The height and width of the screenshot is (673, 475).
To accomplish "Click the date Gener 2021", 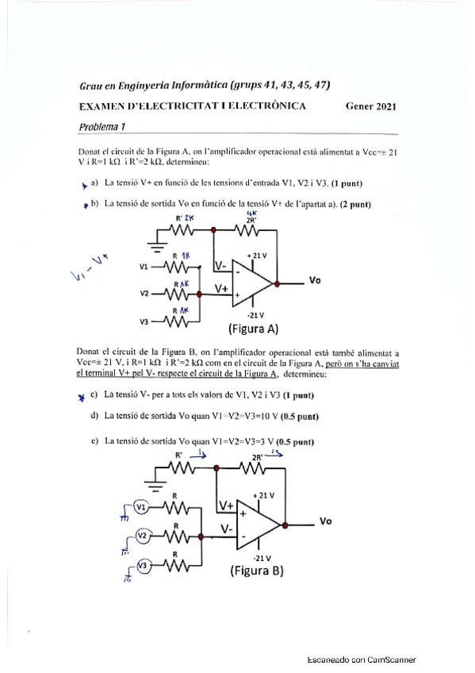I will point(371,106).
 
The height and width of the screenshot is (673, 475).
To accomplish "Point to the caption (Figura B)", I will point(256,571).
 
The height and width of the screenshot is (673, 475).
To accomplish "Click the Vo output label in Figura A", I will point(315,280).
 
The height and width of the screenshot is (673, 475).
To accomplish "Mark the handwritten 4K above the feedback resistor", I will point(251,213).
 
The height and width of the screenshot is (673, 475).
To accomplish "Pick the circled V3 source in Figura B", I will point(143,565).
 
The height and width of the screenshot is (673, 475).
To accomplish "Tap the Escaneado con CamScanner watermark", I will point(362,660).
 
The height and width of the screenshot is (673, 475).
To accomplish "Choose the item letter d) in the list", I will point(95,416).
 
